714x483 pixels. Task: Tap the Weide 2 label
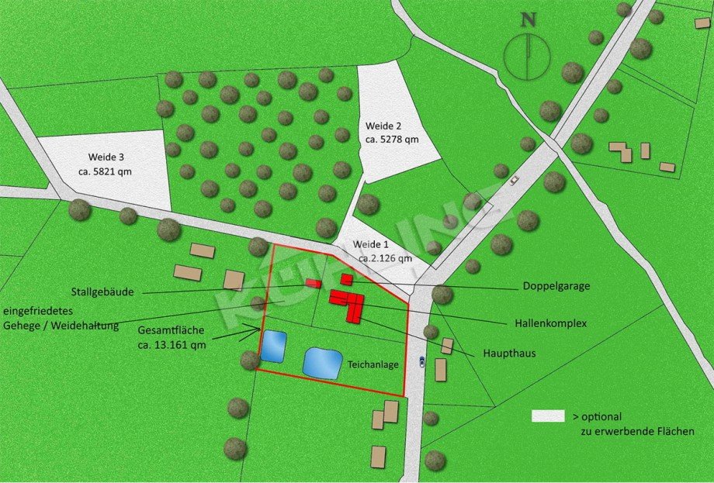pyautogui.click(x=383, y=125)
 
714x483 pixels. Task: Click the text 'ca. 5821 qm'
pyautogui.click(x=105, y=171)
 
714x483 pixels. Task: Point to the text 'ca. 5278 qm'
pyautogui.click(x=391, y=140)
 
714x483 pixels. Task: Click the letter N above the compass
pyautogui.click(x=528, y=21)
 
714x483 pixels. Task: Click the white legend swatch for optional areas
pyautogui.click(x=547, y=416)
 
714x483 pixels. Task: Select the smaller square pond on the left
pyautogui.click(x=273, y=347)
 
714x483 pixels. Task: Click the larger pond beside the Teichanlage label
pyautogui.click(x=323, y=363)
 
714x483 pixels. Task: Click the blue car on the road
pyautogui.click(x=421, y=361)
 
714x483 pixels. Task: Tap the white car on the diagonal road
pyautogui.click(x=514, y=180)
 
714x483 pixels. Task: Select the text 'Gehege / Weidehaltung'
pyautogui.click(x=61, y=326)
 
